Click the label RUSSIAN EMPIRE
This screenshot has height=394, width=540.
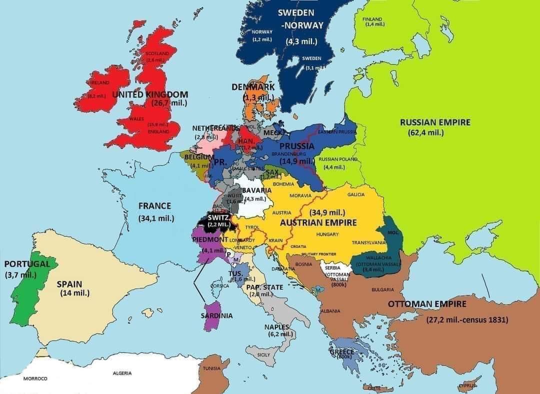435,122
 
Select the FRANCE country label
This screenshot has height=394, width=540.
154,206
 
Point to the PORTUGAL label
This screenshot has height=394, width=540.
27,264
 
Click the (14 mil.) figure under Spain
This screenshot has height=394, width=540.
74,293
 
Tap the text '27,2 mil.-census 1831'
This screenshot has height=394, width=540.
467,320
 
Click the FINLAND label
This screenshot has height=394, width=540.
371,19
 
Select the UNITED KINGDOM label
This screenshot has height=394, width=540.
150,94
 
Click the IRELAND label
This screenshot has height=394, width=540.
100,82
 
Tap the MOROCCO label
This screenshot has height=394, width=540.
35,378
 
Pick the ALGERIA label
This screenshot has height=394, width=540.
122,373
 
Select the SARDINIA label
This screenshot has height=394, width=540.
216,316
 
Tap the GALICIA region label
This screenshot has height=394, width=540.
356,194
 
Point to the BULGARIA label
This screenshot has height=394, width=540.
382,289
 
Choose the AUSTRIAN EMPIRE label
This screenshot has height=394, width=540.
318,222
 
